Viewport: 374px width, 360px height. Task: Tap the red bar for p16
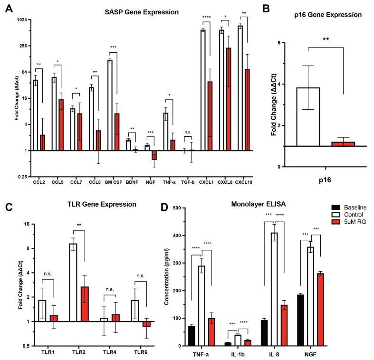pos(343,144)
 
